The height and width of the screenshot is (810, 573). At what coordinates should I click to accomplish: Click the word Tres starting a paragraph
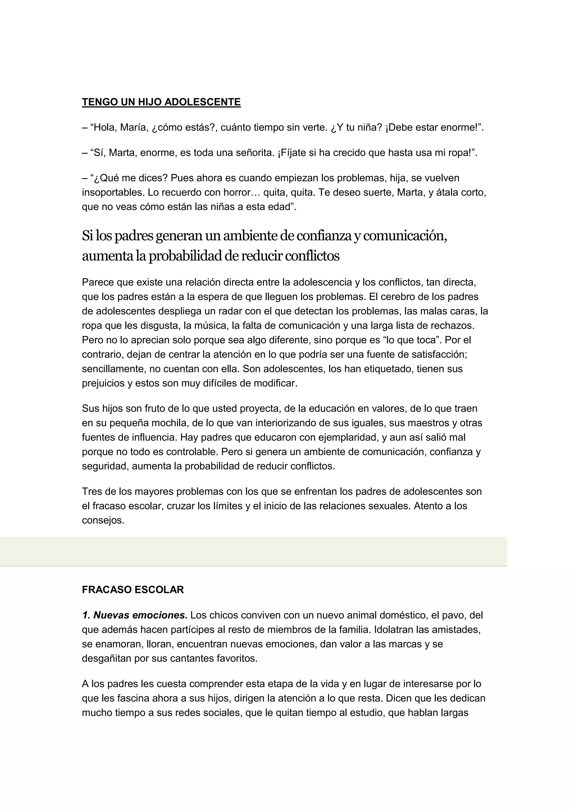pyautogui.click(x=91, y=492)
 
